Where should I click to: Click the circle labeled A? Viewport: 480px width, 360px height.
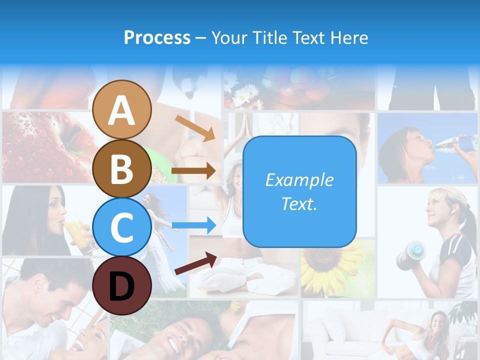pos(121,109)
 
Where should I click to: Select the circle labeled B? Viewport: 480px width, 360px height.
pos(121,168)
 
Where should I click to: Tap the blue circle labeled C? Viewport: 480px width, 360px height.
pos(121,227)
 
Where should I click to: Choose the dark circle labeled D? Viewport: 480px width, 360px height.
pos(121,285)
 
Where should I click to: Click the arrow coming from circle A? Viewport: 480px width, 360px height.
pos(195,128)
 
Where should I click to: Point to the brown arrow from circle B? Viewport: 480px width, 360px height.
pos(194,171)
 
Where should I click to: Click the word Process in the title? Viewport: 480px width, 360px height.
pos(157,37)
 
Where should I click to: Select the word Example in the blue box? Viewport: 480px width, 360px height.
pos(299,180)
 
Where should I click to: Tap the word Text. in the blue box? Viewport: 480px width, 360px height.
pos(299,203)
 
